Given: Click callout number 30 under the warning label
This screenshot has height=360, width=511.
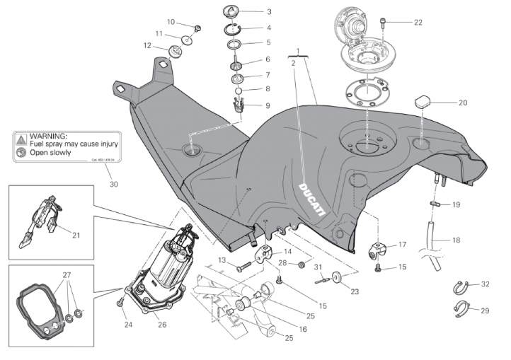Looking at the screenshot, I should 115,184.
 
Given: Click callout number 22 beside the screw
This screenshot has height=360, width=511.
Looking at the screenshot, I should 418,22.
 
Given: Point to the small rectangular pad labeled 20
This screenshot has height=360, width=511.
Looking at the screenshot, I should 423,100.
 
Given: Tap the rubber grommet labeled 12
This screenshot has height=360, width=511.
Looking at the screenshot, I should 173,52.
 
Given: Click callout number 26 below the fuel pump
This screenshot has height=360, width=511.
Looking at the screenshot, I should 162,326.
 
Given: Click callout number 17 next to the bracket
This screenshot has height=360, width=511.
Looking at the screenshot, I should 402,245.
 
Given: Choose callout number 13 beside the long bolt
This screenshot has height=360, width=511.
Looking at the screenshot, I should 222,261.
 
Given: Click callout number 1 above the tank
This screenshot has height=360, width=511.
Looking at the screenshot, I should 299,51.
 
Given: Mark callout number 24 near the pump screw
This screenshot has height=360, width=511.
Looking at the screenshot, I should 128,325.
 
